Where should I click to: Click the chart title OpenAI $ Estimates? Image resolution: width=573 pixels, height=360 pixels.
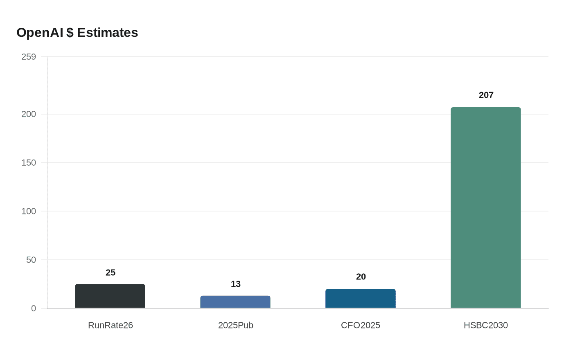[x=77, y=32]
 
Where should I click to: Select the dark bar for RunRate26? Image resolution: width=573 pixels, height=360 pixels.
[x=110, y=296]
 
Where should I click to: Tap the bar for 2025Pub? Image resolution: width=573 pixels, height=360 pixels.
[x=235, y=302]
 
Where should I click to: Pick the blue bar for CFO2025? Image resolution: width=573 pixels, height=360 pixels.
[x=361, y=299]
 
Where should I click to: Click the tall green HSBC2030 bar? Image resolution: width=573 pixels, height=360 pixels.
[x=486, y=208]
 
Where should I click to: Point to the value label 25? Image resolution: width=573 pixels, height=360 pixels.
[x=111, y=272]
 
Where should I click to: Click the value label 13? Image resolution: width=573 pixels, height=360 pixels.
[x=236, y=284]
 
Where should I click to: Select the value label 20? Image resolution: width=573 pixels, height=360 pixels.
[x=361, y=277]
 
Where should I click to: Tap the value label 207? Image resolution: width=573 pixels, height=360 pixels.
[x=486, y=95]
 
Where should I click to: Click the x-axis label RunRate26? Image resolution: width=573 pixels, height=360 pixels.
[x=111, y=325]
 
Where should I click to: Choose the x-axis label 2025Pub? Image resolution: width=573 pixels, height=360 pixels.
[x=236, y=325]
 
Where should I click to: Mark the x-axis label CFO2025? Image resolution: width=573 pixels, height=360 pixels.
[x=361, y=325]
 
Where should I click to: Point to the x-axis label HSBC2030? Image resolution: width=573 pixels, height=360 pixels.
[x=486, y=325]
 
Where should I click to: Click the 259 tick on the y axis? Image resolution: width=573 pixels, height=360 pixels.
[x=29, y=56]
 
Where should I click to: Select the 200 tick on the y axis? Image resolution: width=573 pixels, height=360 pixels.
[x=29, y=114]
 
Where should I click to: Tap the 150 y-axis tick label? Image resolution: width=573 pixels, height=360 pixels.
[x=29, y=162]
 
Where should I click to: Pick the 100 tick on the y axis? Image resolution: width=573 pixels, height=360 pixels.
[x=29, y=211]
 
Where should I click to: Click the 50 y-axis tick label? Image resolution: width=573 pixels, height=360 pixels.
[x=31, y=260]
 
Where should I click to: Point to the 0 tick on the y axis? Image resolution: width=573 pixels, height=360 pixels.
[x=34, y=308]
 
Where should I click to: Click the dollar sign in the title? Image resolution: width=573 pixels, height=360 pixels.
[x=70, y=32]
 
